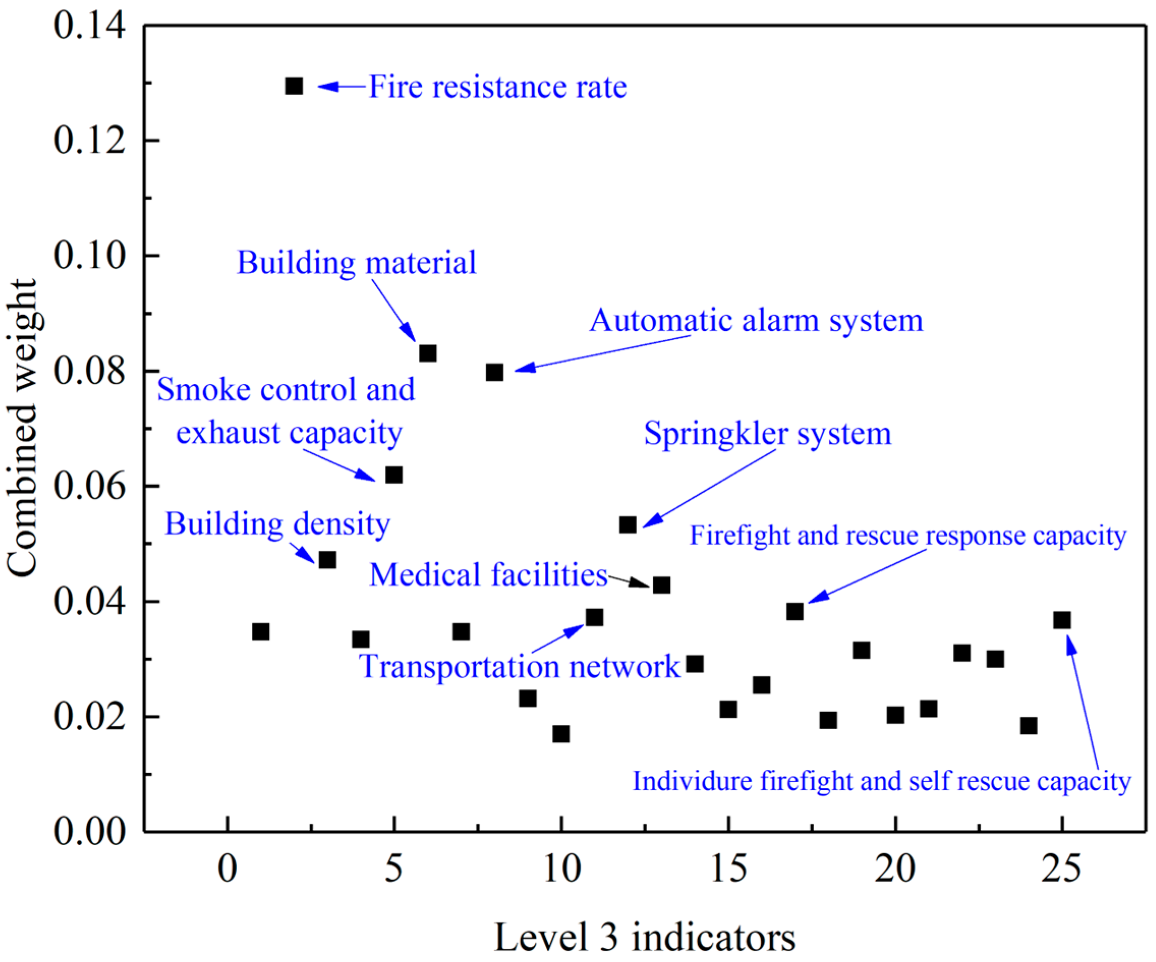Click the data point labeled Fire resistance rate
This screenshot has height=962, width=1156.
(294, 86)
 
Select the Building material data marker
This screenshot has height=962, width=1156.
(428, 353)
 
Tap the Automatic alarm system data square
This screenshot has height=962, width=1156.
(495, 372)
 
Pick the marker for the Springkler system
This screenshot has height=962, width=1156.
(627, 525)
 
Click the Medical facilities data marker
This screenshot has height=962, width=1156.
(661, 585)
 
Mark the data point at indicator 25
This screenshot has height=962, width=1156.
(1062, 620)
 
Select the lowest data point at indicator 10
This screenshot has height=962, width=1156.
(561, 734)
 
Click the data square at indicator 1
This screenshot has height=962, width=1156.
(261, 632)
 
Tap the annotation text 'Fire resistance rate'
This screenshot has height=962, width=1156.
(498, 87)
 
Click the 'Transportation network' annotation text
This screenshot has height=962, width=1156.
(519, 666)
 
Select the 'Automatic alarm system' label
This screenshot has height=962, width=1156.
(756, 320)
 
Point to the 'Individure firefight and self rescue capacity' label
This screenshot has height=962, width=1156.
(881, 781)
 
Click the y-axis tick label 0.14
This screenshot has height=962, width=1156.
(90, 26)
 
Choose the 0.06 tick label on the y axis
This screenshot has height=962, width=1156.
(90, 487)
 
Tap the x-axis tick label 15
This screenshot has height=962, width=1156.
(728, 869)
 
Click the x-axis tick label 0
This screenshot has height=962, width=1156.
(227, 869)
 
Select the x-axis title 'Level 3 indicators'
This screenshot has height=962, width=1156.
(645, 937)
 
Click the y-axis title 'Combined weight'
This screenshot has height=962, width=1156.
(22, 429)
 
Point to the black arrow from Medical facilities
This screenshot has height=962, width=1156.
(629, 581)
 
